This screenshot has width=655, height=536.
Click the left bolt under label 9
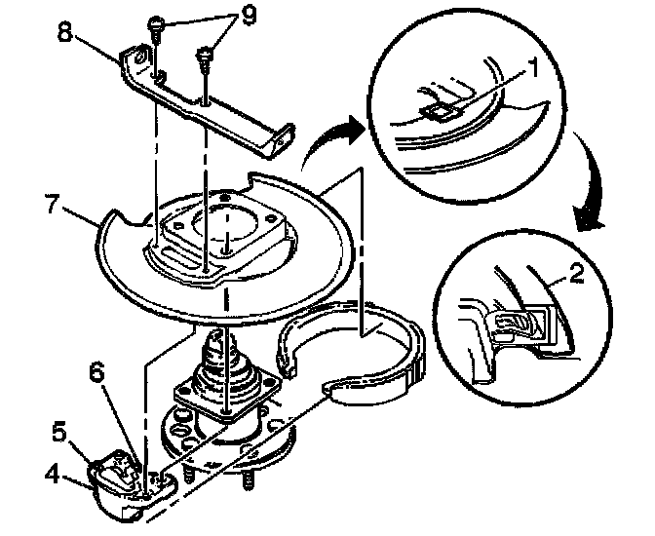tap(157, 27)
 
